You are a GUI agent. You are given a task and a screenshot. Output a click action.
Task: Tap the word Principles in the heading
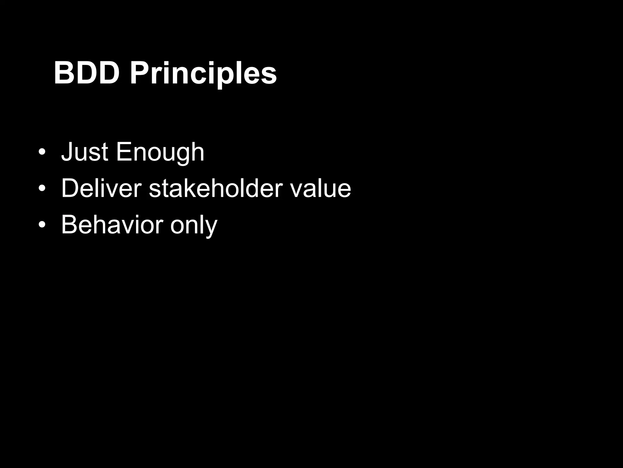point(203,74)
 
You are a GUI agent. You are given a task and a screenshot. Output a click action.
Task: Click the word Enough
point(160,152)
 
